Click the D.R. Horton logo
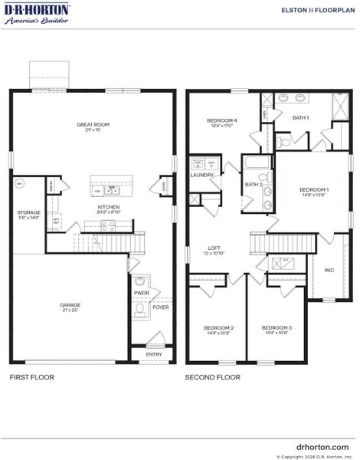pos(38,14)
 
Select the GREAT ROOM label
pos(93,124)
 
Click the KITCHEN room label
pos(107,207)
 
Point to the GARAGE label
pos(70,305)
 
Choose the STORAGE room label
pos(30,212)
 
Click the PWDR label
pos(141,292)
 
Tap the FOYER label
pos(160,307)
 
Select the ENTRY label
pos(154,354)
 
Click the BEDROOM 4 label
pos(222,120)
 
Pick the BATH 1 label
pos(301,117)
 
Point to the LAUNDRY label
pos(201,175)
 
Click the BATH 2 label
pos(254,184)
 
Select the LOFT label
pos(215,248)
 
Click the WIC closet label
pos(329,270)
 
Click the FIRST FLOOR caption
pos(32,377)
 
